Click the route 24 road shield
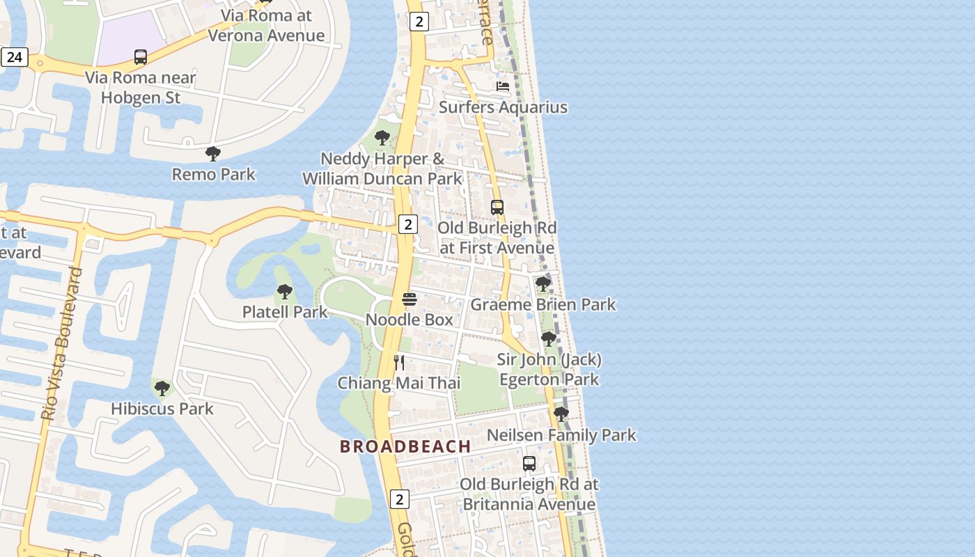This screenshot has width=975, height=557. (14, 57)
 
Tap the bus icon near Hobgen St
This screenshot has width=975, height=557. (141, 57)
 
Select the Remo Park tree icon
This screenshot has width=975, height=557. (213, 153)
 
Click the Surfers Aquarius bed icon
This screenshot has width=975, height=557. (503, 86)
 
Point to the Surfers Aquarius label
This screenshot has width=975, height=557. (503, 107)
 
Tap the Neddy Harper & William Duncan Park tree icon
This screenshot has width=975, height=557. (382, 137)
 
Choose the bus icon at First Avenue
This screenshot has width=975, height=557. (497, 207)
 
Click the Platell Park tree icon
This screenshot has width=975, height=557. (284, 291)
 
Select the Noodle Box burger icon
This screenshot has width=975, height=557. (409, 299)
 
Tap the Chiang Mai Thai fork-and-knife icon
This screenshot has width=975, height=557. (399, 362)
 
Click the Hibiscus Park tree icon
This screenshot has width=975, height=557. (162, 388)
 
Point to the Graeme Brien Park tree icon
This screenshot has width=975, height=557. (543, 283)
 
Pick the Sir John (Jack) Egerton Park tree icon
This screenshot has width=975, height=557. (549, 339)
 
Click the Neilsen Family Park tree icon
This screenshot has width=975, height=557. (561, 414)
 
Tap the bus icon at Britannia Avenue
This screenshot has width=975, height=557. (529, 463)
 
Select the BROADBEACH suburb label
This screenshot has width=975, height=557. (405, 446)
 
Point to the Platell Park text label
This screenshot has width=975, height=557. (285, 312)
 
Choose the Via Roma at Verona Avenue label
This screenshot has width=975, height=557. (267, 26)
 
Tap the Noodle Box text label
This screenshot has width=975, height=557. (409, 320)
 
